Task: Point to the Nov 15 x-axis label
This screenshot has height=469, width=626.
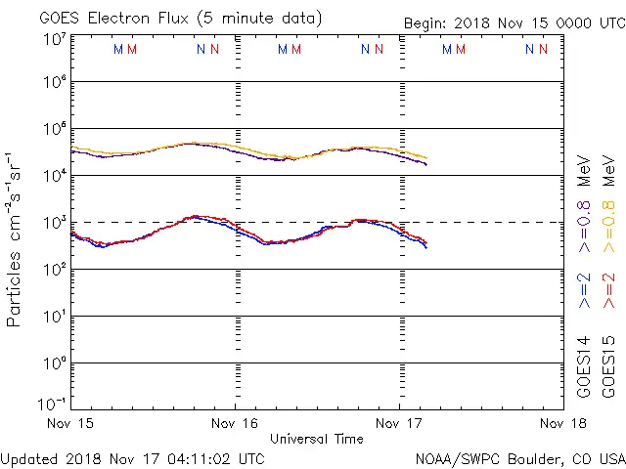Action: point(70,424)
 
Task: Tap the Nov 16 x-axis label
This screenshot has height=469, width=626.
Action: point(235,424)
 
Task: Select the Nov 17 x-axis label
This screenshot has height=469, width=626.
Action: point(399,424)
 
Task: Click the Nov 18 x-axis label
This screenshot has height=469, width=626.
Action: point(562,424)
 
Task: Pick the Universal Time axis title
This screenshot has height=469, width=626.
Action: point(316,439)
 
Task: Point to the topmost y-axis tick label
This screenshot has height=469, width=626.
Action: point(55,38)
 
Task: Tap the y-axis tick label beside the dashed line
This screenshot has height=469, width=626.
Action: point(55,223)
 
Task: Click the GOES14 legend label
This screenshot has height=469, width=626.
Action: point(584,365)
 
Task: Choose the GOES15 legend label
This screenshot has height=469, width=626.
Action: point(609,365)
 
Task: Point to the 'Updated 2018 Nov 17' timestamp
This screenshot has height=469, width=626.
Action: point(132,457)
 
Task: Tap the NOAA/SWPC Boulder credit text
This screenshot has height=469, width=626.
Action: point(519,457)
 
